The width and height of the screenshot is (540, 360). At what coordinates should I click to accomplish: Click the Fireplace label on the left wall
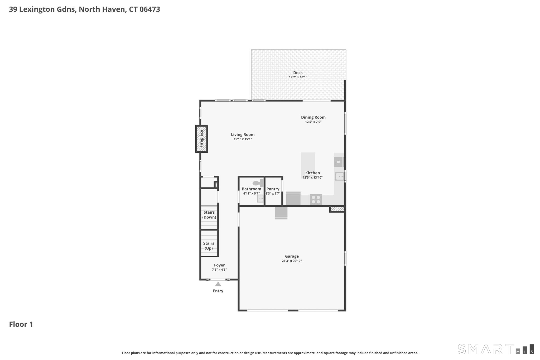(x=201, y=139)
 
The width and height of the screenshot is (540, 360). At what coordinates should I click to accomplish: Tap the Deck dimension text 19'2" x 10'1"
(x=298, y=77)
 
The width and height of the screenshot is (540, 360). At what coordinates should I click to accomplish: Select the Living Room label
(x=243, y=135)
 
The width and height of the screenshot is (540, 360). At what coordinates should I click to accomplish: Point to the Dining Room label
(x=313, y=117)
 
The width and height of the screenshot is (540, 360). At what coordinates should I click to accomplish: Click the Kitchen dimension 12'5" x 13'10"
(x=312, y=177)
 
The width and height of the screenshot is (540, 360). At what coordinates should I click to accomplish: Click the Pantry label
(x=273, y=189)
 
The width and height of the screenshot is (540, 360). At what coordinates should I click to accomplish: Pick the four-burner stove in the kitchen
(x=316, y=199)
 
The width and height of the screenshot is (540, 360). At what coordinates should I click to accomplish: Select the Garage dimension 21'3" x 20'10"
(x=292, y=261)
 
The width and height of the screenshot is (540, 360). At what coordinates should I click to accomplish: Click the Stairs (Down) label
(x=209, y=215)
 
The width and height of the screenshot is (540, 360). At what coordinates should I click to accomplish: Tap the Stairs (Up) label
(x=209, y=246)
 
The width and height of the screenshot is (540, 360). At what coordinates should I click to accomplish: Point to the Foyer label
(x=219, y=265)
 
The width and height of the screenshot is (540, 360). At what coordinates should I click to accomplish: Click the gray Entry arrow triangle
(x=218, y=284)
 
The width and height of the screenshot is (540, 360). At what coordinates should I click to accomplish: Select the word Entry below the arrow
(x=218, y=291)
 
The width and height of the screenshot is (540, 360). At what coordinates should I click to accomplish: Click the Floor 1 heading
(x=21, y=324)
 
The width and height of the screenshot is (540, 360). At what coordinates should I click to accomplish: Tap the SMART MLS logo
(x=496, y=349)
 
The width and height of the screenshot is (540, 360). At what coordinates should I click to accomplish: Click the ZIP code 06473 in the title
(x=150, y=9)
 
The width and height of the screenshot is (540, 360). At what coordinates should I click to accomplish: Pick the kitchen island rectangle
(x=308, y=165)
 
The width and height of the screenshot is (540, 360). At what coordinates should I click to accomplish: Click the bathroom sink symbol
(x=260, y=198)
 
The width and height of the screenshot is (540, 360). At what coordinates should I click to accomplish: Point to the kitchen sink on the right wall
(x=340, y=176)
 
